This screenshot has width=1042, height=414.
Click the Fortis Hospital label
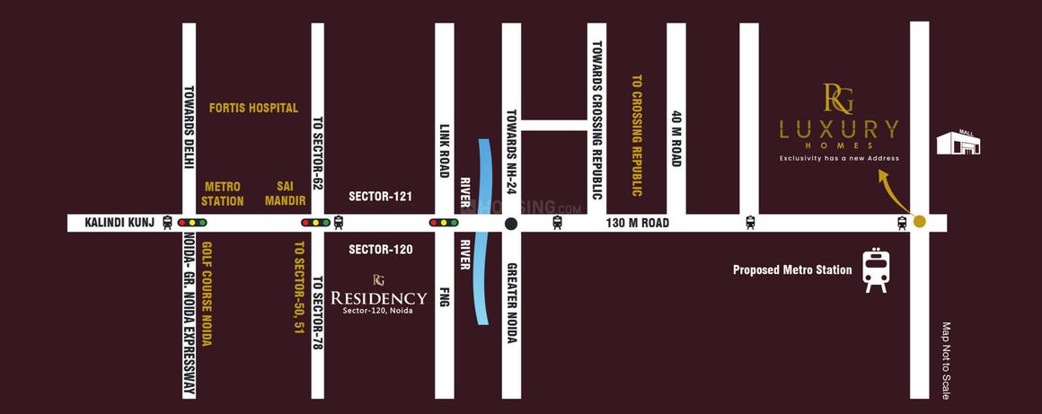coord(252,108)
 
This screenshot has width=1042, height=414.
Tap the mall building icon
coord(958,143)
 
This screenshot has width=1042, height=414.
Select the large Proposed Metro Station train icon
coord(875,270)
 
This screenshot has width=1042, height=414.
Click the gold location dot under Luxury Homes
coord(919,222)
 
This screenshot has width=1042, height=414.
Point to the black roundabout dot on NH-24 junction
coord(511,223)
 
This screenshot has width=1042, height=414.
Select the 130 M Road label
coord(637,223)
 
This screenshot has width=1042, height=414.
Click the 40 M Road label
coord(676,138)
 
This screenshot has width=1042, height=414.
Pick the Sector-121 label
coord(380,196)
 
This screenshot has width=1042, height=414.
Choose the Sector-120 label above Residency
coord(380,250)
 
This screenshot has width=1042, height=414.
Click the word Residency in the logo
coord(378,297)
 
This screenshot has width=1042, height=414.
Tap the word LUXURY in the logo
coord(838,128)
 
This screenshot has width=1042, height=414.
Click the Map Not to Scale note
coord(945,361)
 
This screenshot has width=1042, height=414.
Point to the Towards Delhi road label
coord(190,132)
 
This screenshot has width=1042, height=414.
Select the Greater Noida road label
coord(511,303)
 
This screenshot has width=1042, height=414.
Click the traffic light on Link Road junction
coord(444,222)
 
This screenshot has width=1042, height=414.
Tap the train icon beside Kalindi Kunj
coord(168,222)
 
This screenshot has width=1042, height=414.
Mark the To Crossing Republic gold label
coord(637,135)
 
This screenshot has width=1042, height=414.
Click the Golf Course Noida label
coord(207,294)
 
